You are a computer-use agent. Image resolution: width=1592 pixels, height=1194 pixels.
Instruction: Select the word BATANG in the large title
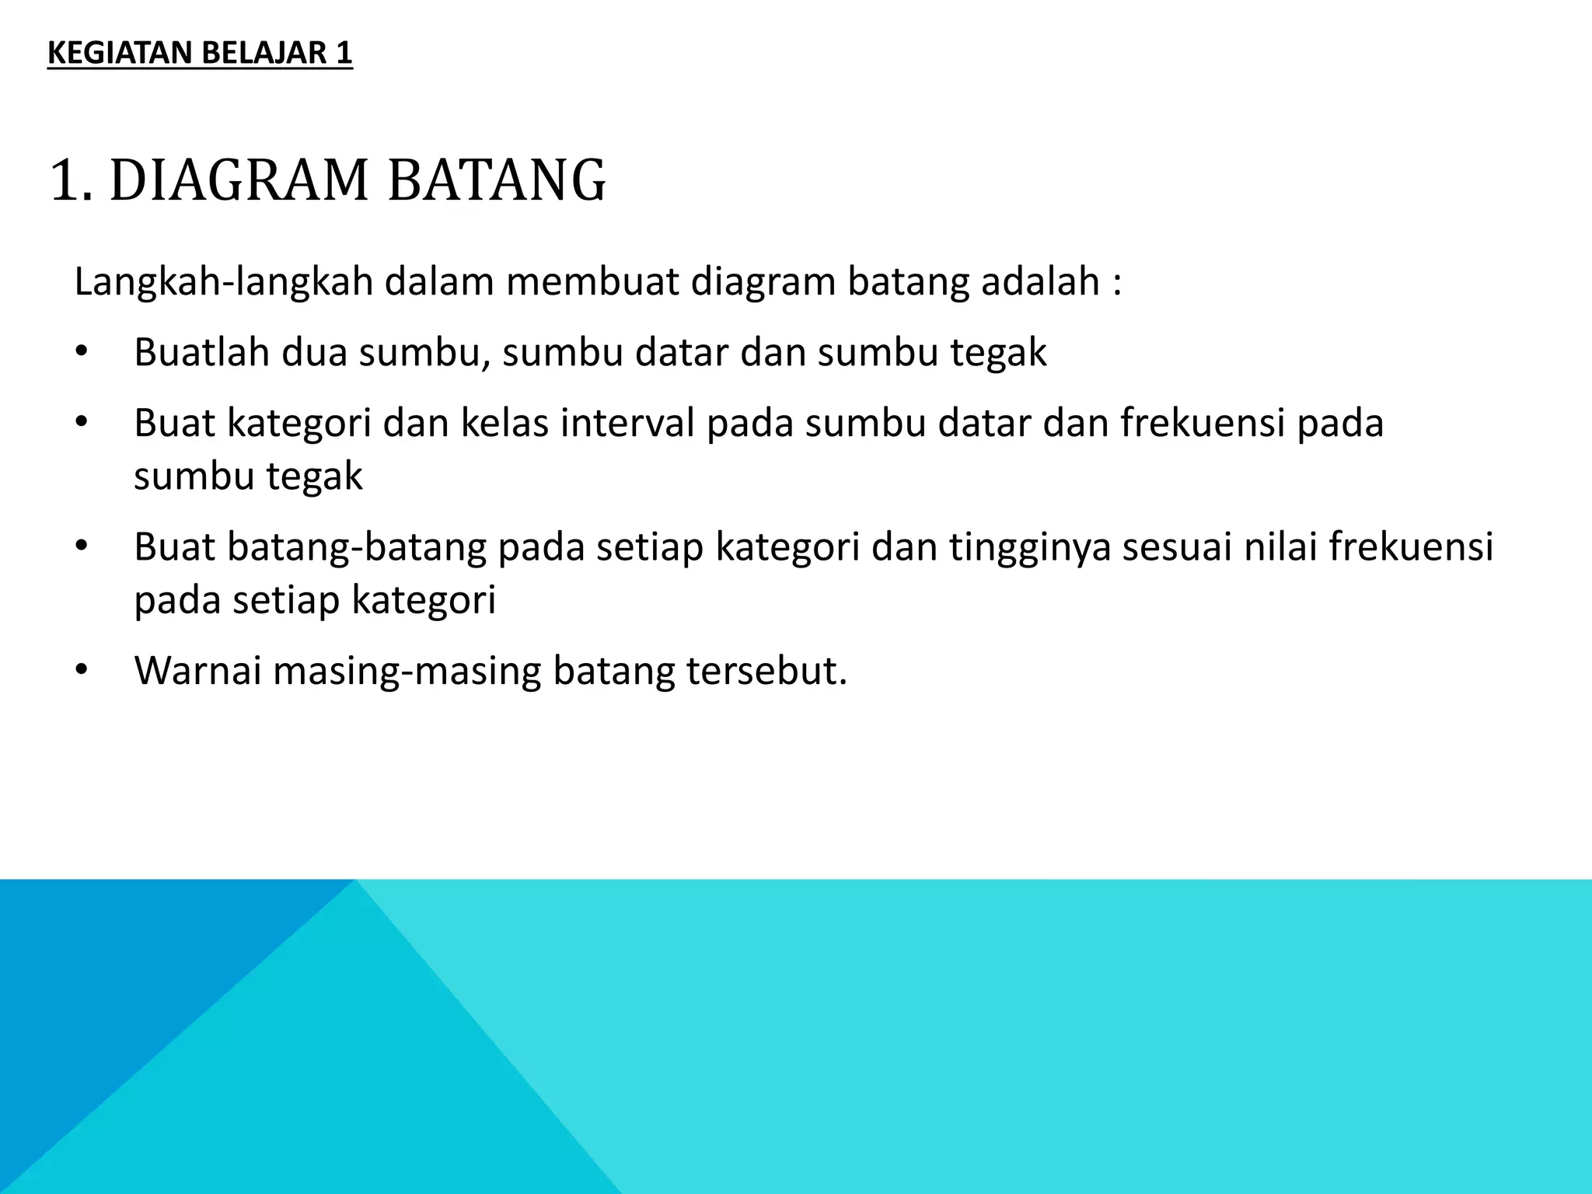click(496, 181)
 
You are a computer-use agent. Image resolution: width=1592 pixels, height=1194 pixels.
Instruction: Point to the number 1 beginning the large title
click(64, 181)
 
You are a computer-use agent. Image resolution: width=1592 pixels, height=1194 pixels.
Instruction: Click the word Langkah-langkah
click(223, 282)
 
